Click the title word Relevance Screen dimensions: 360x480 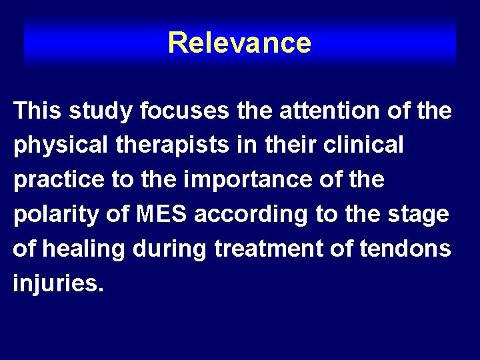point(239,43)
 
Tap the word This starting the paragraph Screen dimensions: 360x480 point(39,111)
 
